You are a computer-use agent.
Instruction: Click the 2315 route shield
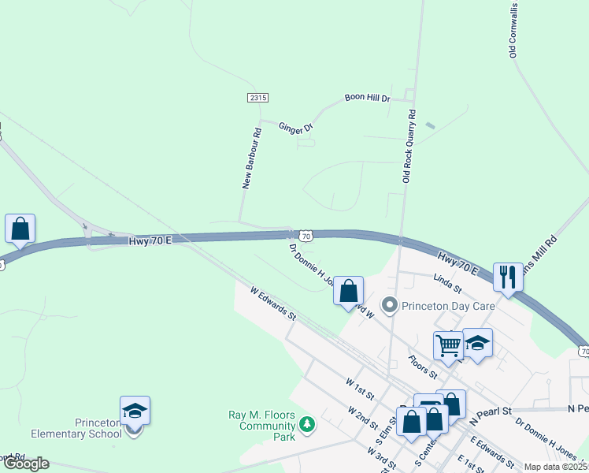(257, 98)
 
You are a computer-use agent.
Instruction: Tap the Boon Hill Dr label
(368, 99)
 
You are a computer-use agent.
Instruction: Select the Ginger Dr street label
(295, 126)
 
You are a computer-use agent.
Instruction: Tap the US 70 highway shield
(306, 235)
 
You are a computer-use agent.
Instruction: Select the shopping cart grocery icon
(448, 344)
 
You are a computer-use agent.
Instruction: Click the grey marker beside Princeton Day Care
(389, 304)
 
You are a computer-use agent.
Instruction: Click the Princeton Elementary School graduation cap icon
(135, 410)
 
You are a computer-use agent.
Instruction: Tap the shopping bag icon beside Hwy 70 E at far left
(20, 229)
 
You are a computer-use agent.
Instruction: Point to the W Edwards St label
(272, 304)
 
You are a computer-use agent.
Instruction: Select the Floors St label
(422, 364)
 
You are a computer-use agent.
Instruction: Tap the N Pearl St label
(491, 412)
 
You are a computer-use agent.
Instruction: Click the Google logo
(25, 464)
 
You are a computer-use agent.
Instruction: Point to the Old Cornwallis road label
(513, 31)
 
